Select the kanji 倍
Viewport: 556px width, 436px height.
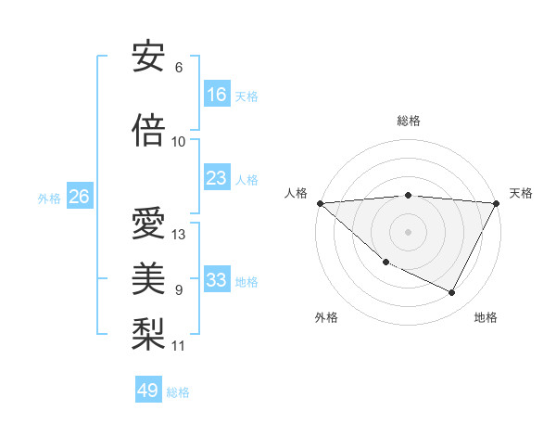148,129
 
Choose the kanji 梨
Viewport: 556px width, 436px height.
148,333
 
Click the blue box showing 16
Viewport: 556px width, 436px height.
217,95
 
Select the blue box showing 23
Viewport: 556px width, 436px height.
217,178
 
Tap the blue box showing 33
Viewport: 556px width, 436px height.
217,280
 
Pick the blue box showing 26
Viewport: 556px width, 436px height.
79,197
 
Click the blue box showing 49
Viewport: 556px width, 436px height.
148,391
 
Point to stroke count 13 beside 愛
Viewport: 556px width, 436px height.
179,235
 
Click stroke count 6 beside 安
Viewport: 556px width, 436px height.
179,68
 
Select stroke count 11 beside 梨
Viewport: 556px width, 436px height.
179,346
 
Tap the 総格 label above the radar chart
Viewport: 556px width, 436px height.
408,121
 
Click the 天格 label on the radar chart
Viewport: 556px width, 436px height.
521,193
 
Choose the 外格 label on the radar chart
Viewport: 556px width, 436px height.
326,317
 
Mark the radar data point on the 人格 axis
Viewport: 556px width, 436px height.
320,203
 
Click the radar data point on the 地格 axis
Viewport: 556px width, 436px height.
452,293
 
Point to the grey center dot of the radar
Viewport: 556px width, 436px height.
408,232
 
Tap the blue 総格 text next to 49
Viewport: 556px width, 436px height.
178,392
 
